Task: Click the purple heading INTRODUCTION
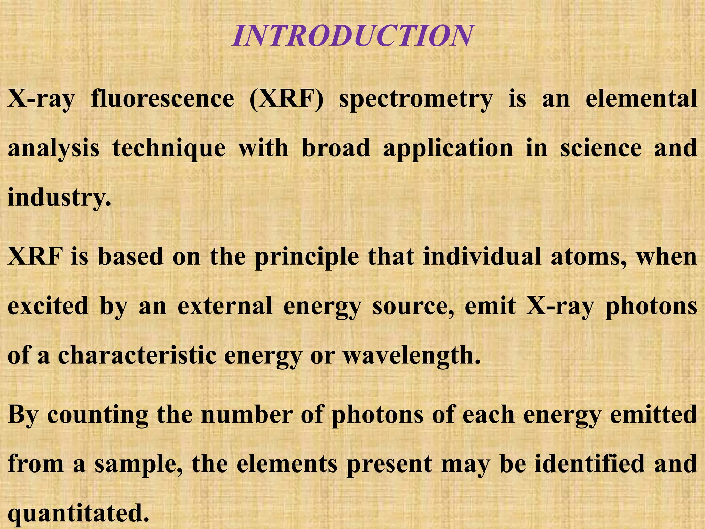pos(352,36)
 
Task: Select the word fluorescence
pos(162,99)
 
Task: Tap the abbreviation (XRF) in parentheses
pos(286,100)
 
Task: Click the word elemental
pos(641,99)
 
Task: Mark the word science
pos(601,148)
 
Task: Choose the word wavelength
pos(411,356)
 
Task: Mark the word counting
pos(98,415)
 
